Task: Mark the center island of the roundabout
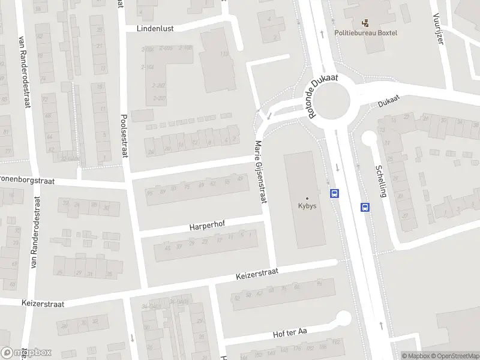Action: click(x=333, y=99)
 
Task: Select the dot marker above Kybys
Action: click(x=307, y=198)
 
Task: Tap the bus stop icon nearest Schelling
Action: click(x=364, y=207)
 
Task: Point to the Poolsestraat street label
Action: click(x=125, y=136)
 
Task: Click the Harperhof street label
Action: click(x=206, y=227)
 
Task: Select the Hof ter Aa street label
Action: click(x=289, y=333)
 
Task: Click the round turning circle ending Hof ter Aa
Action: click(x=343, y=318)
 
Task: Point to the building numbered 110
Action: click(x=224, y=55)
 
